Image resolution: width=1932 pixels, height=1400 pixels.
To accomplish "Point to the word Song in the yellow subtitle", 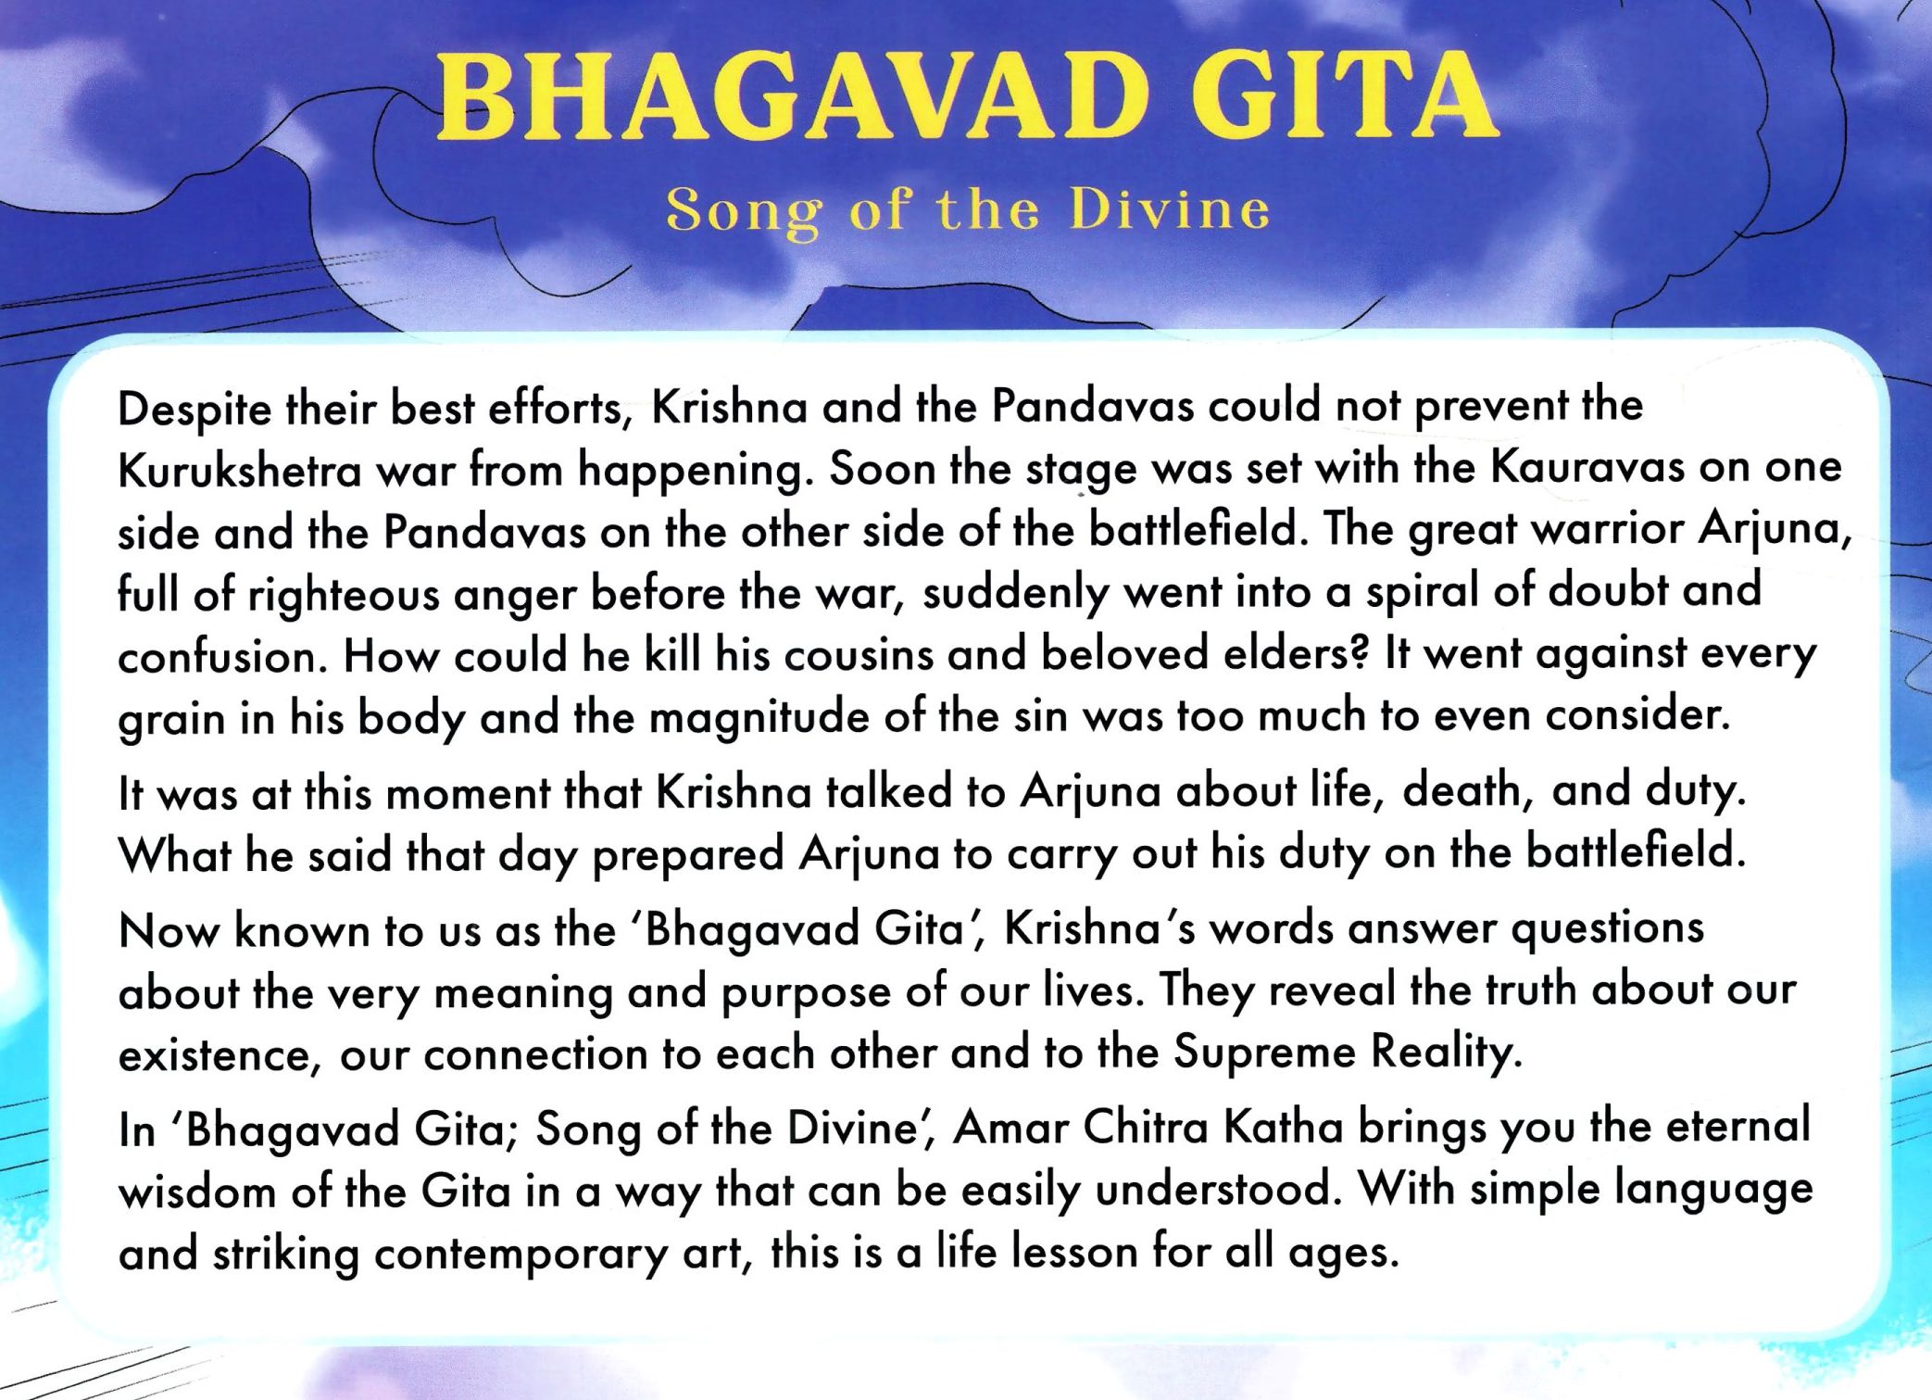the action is tap(743, 212).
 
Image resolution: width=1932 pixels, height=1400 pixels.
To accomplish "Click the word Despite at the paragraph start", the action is tap(194, 409).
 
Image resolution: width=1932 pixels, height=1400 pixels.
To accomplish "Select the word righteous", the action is tap(343, 594).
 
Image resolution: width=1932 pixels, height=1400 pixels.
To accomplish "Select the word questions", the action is tap(1607, 929).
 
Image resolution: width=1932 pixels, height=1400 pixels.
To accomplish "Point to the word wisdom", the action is tap(197, 1191).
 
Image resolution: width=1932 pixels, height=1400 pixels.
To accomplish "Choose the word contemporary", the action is tap(521, 1254).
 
